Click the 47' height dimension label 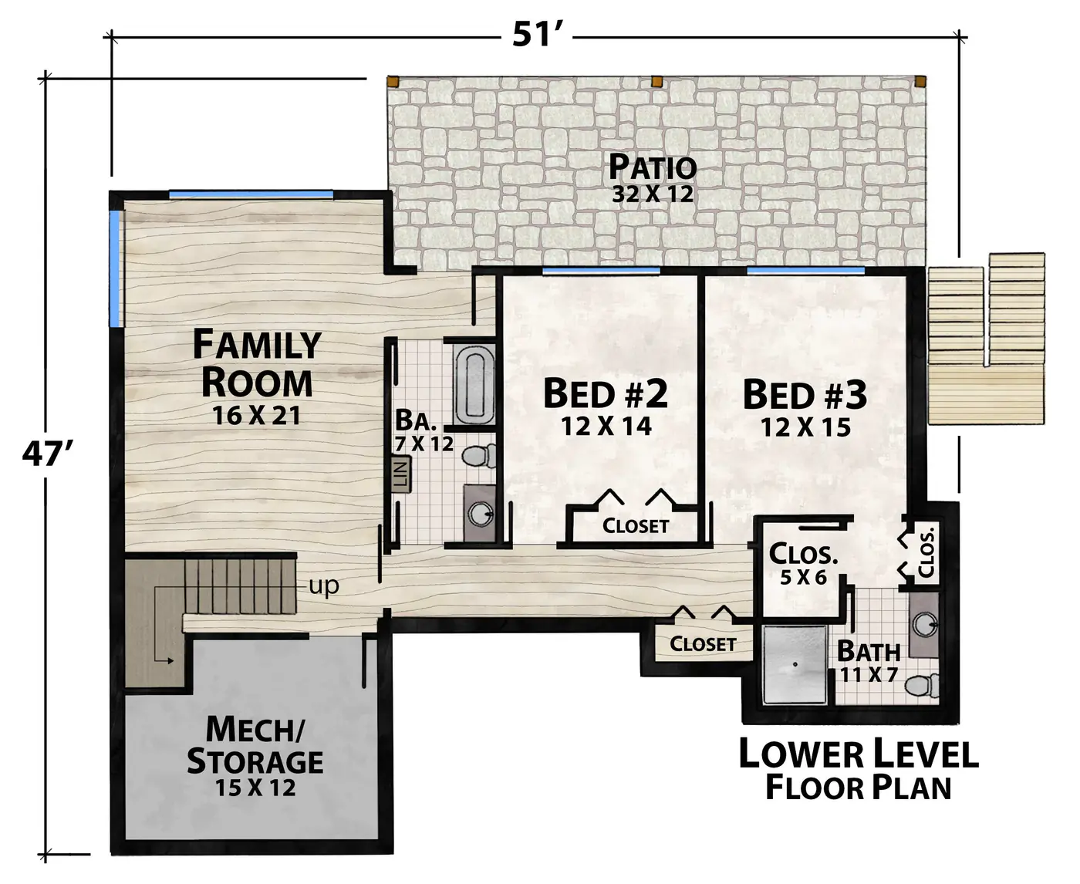[48, 454]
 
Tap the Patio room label [653, 167]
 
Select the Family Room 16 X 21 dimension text [256, 415]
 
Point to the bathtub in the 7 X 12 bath [474, 384]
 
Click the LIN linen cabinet [401, 474]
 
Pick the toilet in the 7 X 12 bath [479, 455]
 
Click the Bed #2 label [606, 394]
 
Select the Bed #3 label [805, 395]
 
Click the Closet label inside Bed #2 [636, 526]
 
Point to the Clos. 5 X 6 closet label [803, 563]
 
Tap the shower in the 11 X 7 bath [795, 665]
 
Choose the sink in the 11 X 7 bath [924, 626]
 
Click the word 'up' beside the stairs [324, 585]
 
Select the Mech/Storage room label [255, 745]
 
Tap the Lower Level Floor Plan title [859, 769]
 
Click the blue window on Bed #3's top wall [805, 269]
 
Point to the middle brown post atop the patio [657, 82]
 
